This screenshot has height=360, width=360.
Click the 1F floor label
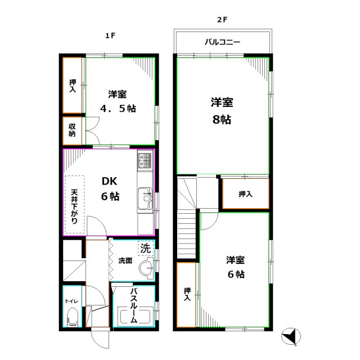(x=110, y=35)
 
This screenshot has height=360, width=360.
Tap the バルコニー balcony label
(x=222, y=42)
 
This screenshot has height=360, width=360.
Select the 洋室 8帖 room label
(x=222, y=111)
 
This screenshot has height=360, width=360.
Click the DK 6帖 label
(x=110, y=189)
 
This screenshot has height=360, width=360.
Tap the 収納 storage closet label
(x=73, y=130)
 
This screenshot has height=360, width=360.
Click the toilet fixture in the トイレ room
(x=71, y=318)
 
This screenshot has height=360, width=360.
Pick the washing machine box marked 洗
(x=145, y=248)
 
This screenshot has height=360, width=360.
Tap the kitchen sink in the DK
(x=146, y=199)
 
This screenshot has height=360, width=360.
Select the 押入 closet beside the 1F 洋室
(x=73, y=85)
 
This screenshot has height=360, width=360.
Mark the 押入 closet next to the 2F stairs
(x=245, y=194)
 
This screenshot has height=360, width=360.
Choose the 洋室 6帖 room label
(x=235, y=267)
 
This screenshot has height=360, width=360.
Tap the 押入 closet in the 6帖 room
(x=187, y=295)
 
